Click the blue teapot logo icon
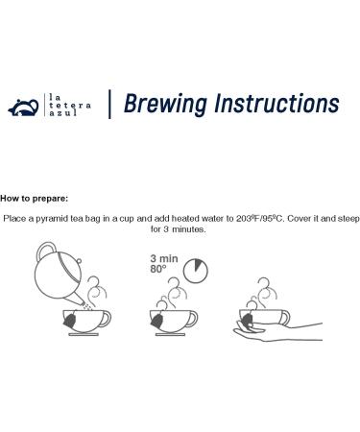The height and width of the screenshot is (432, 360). [24, 108]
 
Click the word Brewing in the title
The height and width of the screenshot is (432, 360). [165, 105]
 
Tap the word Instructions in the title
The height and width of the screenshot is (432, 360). [277, 104]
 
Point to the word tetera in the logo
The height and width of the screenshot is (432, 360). [70, 105]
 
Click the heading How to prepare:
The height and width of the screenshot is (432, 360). [35, 199]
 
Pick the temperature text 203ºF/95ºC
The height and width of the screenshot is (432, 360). [260, 219]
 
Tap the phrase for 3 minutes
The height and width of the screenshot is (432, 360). [179, 229]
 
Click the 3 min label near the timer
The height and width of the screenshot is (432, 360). [164, 258]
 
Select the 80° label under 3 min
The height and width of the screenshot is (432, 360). [158, 269]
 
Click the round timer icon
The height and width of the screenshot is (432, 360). [196, 271]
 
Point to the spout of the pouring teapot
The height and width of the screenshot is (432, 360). [76, 300]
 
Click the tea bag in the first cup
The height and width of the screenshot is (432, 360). [70, 320]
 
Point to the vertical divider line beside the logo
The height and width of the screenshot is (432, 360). [109, 105]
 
